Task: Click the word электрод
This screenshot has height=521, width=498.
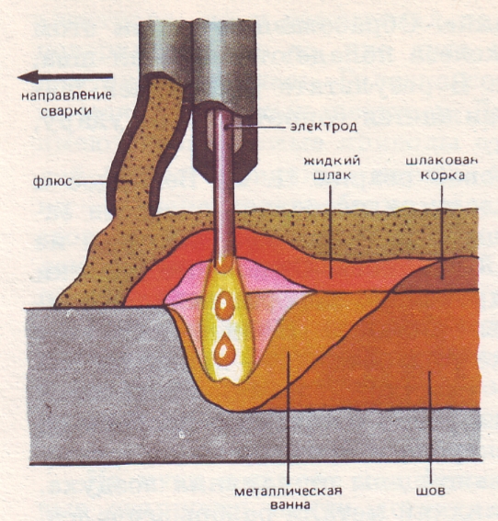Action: (323, 127)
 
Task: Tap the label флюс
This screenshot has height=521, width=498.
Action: (52, 181)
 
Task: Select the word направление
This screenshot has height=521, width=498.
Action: (66, 96)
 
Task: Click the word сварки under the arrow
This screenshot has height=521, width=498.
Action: (66, 110)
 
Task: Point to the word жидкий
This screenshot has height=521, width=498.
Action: (332, 161)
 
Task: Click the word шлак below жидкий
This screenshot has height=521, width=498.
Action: (332, 175)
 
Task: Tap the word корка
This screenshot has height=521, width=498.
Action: (443, 175)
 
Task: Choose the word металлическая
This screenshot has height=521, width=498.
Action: (288, 491)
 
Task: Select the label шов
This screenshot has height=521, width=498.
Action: (430, 491)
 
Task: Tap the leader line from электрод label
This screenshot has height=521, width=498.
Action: (255, 127)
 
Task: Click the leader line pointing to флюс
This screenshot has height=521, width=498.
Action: (103, 182)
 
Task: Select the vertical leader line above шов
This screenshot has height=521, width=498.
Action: (431, 427)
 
